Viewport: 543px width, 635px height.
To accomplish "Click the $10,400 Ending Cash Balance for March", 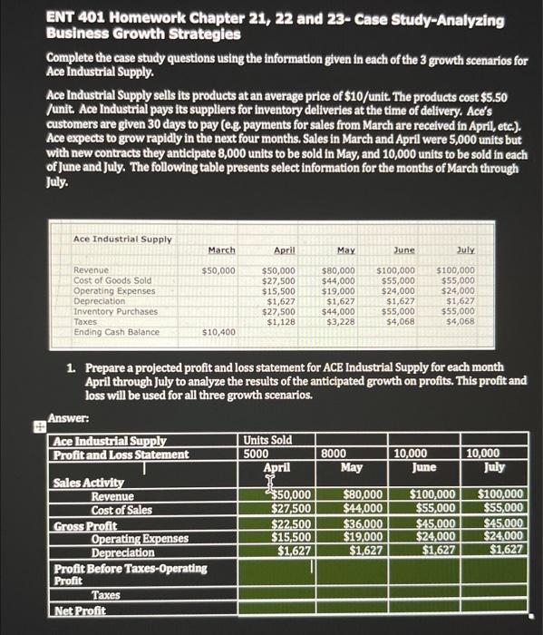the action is click(x=218, y=333).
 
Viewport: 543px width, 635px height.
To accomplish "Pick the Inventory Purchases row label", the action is click(x=115, y=311).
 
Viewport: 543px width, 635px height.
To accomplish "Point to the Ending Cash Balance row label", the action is click(x=117, y=332).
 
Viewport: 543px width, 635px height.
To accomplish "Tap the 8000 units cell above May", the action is click(x=333, y=454).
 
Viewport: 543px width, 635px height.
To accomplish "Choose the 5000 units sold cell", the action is click(x=257, y=454).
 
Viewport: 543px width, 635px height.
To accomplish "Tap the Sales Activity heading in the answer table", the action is click(x=88, y=482).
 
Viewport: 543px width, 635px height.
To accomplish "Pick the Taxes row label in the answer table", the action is click(x=107, y=595).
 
